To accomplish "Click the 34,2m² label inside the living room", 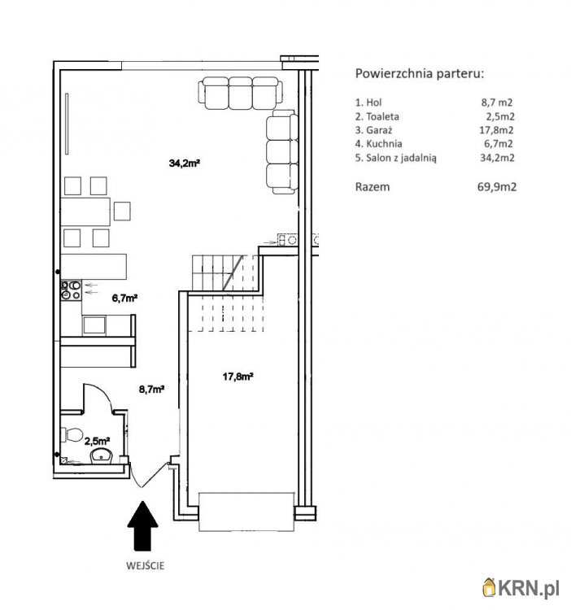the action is tap(185, 163).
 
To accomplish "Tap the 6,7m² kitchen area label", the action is tap(125, 298).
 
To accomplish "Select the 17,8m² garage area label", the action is tap(238, 377).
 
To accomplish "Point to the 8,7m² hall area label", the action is tap(151, 389).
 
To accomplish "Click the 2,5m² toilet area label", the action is tap(97, 441).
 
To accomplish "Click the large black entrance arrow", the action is tap(143, 526).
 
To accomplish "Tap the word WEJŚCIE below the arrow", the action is tap(145, 565).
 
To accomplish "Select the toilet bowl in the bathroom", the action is tap(72, 434).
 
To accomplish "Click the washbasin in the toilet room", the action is tap(102, 456).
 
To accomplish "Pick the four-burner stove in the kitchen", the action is tap(71, 290).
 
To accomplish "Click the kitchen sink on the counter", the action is tap(94, 325).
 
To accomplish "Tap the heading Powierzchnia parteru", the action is tap(420, 73).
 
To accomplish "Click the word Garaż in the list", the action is tap(374, 130).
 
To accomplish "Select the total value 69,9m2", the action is tap(497, 187).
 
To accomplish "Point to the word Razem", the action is tap(373, 187).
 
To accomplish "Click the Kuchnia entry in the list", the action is tap(378, 143).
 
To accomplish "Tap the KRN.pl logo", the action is tap(521, 588).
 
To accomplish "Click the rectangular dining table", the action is tap(85, 211).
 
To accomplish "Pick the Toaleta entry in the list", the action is tap(377, 116).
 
